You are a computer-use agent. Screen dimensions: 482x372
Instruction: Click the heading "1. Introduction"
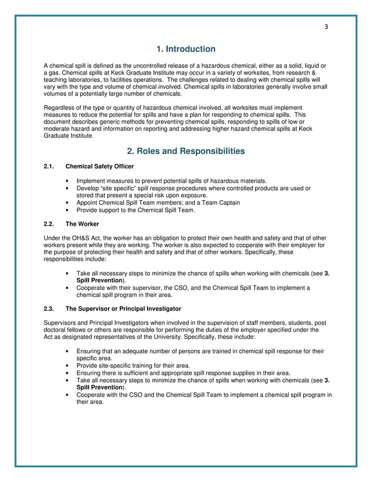click(186, 49)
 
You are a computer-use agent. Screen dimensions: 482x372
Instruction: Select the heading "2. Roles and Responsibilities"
click(186, 151)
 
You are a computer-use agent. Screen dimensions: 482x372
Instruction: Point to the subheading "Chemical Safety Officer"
click(100, 167)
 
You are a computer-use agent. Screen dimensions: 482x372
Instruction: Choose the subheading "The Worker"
click(82, 223)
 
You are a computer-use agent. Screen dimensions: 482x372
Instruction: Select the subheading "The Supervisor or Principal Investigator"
click(123, 308)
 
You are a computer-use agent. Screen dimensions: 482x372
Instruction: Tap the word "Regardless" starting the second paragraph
click(59, 108)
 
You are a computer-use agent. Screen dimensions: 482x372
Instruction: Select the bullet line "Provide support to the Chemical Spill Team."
click(135, 210)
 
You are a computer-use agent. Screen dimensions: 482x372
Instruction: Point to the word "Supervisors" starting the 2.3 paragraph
click(61, 323)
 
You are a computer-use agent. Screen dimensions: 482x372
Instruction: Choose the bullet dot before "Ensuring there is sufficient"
click(69, 373)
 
